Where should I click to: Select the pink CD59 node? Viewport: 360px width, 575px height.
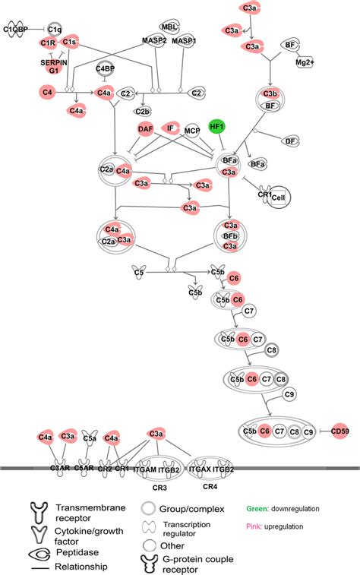coord(339,431)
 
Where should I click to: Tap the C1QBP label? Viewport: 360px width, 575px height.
coord(15,30)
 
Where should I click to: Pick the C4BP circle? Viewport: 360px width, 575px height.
coord(106,71)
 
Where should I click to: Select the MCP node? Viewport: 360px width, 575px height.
coord(193,131)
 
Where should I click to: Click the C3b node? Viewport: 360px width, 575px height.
coord(270,93)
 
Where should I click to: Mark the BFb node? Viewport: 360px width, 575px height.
coord(231,236)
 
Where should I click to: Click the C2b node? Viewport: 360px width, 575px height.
coord(142,111)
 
